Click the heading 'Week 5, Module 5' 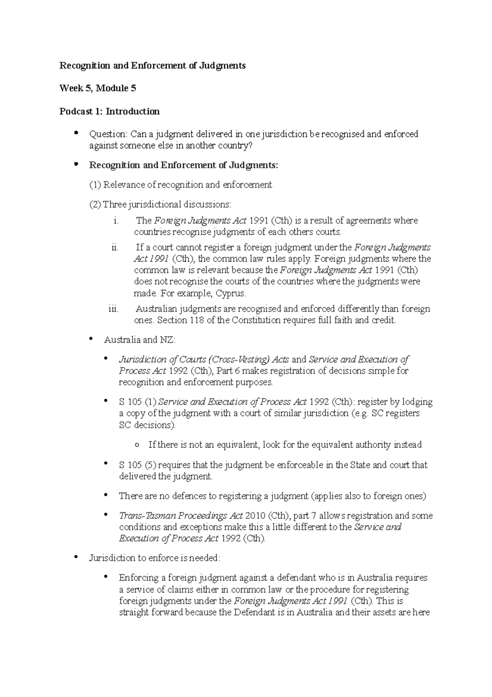[x=98, y=88]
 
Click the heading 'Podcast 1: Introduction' [x=109, y=111]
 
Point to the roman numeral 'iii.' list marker [x=113, y=309]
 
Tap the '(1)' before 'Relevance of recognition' [x=95, y=185]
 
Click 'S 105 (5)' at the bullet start [x=138, y=465]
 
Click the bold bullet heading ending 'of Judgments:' [x=183, y=165]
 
